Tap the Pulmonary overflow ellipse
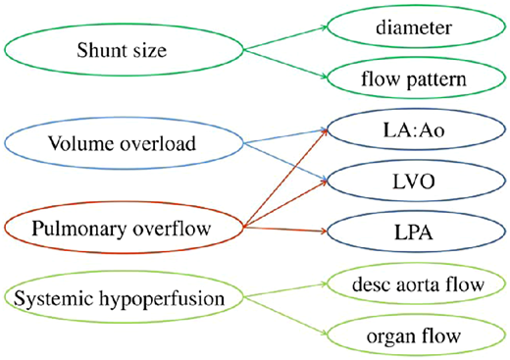point(123,229)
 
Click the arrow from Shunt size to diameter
point(284,38)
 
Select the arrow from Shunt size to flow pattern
point(284,61)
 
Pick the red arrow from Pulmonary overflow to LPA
point(284,231)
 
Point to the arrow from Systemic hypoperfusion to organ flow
point(284,314)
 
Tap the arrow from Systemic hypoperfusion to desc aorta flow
point(284,290)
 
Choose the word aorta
point(423,285)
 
